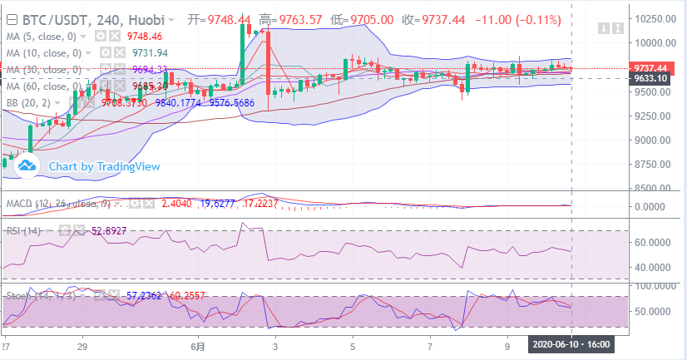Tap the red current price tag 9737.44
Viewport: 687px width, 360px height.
tap(627, 68)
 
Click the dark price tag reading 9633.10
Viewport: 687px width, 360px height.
tap(627, 78)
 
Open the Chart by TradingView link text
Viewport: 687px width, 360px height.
tap(103, 166)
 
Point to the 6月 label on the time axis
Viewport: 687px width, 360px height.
tap(197, 345)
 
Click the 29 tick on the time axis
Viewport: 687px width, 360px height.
tap(82, 345)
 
